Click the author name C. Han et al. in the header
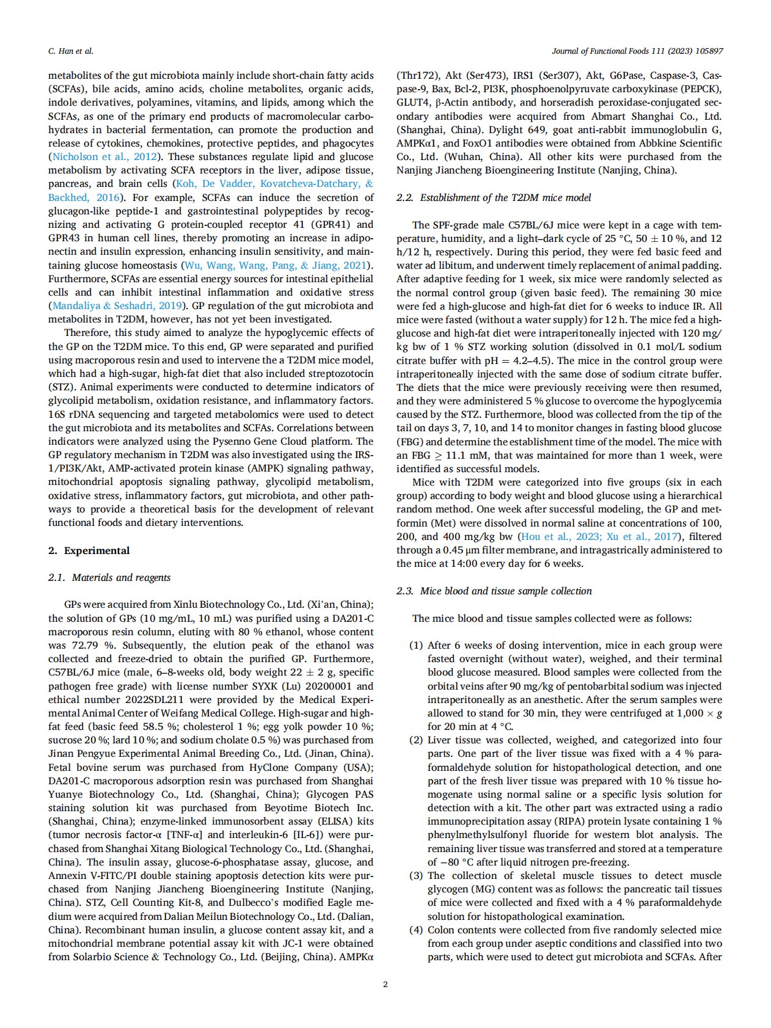pyautogui.click(x=71, y=51)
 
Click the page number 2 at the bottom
pyautogui.click(x=385, y=984)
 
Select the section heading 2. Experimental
pyautogui.click(x=89, y=550)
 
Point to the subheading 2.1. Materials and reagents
pyautogui.click(x=109, y=577)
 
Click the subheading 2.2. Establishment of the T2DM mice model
pyautogui.click(x=494, y=197)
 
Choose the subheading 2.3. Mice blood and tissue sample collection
pyautogui.click(x=494, y=591)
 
